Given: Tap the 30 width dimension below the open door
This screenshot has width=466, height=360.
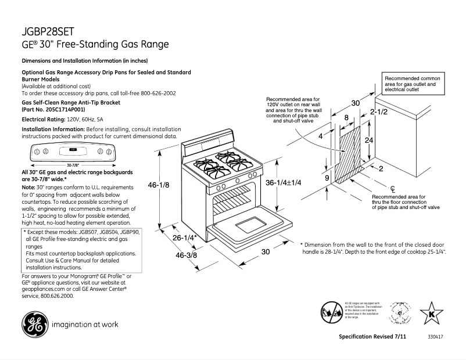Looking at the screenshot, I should [x=264, y=252].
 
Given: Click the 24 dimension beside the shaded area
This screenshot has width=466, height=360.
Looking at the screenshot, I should [x=368, y=141].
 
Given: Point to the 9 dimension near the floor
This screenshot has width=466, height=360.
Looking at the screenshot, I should [x=327, y=177].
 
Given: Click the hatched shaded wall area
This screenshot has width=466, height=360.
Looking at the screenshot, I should [x=350, y=147].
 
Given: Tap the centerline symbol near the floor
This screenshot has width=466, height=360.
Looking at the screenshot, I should [x=393, y=188].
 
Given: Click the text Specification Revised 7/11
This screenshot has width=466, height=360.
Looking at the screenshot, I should [x=372, y=337].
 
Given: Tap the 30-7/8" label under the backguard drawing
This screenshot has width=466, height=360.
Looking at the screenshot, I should [x=73, y=165].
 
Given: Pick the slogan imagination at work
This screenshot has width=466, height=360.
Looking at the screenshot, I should [x=85, y=325].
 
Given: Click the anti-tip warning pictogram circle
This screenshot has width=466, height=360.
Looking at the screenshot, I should [x=330, y=312].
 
